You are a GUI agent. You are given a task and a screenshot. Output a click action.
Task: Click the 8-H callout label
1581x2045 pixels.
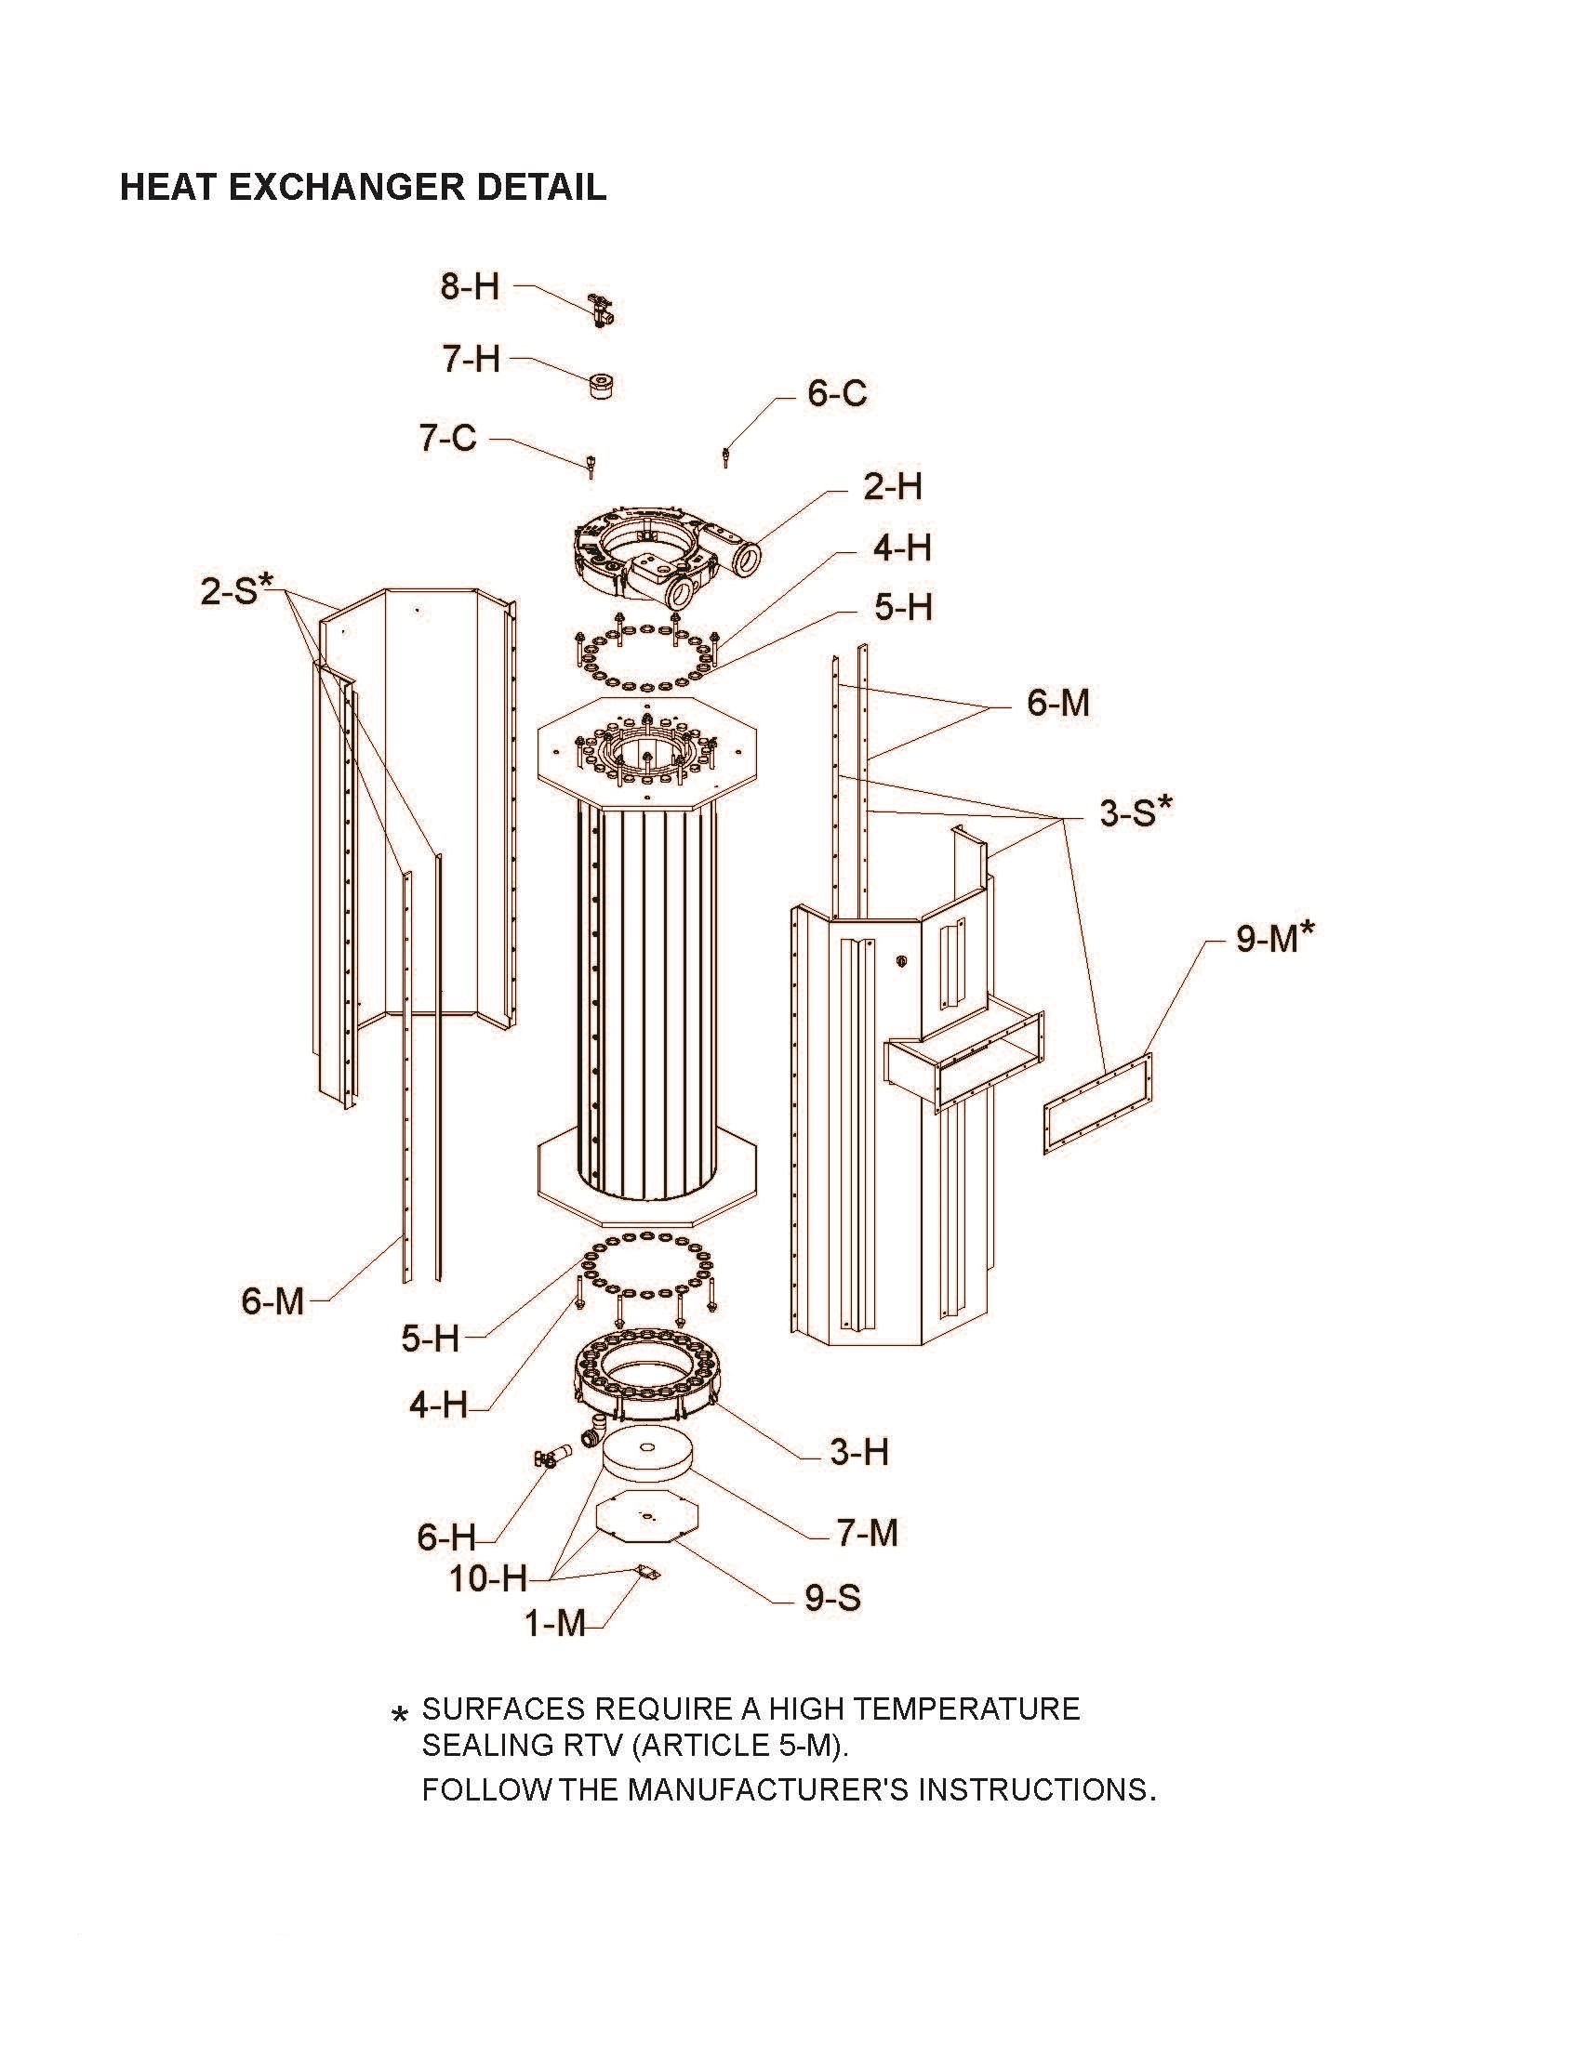tap(471, 286)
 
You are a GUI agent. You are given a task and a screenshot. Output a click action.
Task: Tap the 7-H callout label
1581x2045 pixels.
tap(472, 359)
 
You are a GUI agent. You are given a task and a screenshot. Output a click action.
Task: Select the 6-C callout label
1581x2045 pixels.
tap(836, 393)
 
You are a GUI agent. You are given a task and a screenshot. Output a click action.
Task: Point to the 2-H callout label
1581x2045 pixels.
tap(892, 487)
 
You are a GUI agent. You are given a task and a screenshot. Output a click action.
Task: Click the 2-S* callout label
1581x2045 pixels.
tap(235, 590)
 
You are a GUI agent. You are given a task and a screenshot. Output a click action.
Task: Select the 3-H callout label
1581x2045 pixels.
tap(859, 1452)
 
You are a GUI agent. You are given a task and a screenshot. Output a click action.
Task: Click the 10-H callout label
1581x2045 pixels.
tap(488, 1578)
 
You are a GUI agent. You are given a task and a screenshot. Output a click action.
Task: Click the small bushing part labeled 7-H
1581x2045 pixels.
tap(600, 385)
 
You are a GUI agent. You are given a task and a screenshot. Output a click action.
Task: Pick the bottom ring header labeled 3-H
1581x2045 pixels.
tap(646, 1377)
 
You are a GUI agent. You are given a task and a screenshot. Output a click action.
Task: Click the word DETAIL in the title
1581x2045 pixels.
tap(540, 187)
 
